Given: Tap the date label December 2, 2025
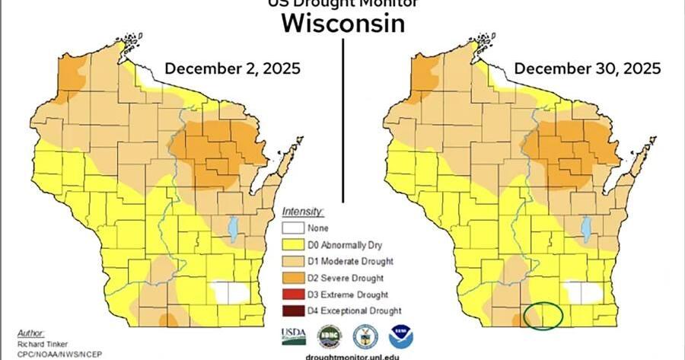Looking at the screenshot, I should coord(232,69).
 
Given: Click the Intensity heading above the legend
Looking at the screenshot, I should coord(303,211).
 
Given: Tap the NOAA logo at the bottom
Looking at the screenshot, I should coord(401,336).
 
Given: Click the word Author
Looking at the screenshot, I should coord(31,334).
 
